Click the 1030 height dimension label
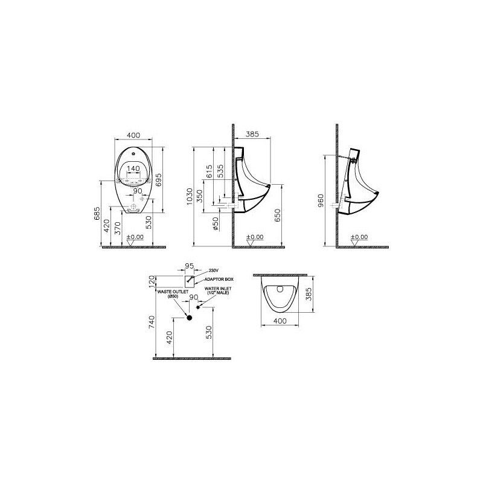[190, 196]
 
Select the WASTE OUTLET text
[170, 291]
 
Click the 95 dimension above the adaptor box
[189, 265]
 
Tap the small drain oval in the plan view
[278, 289]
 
